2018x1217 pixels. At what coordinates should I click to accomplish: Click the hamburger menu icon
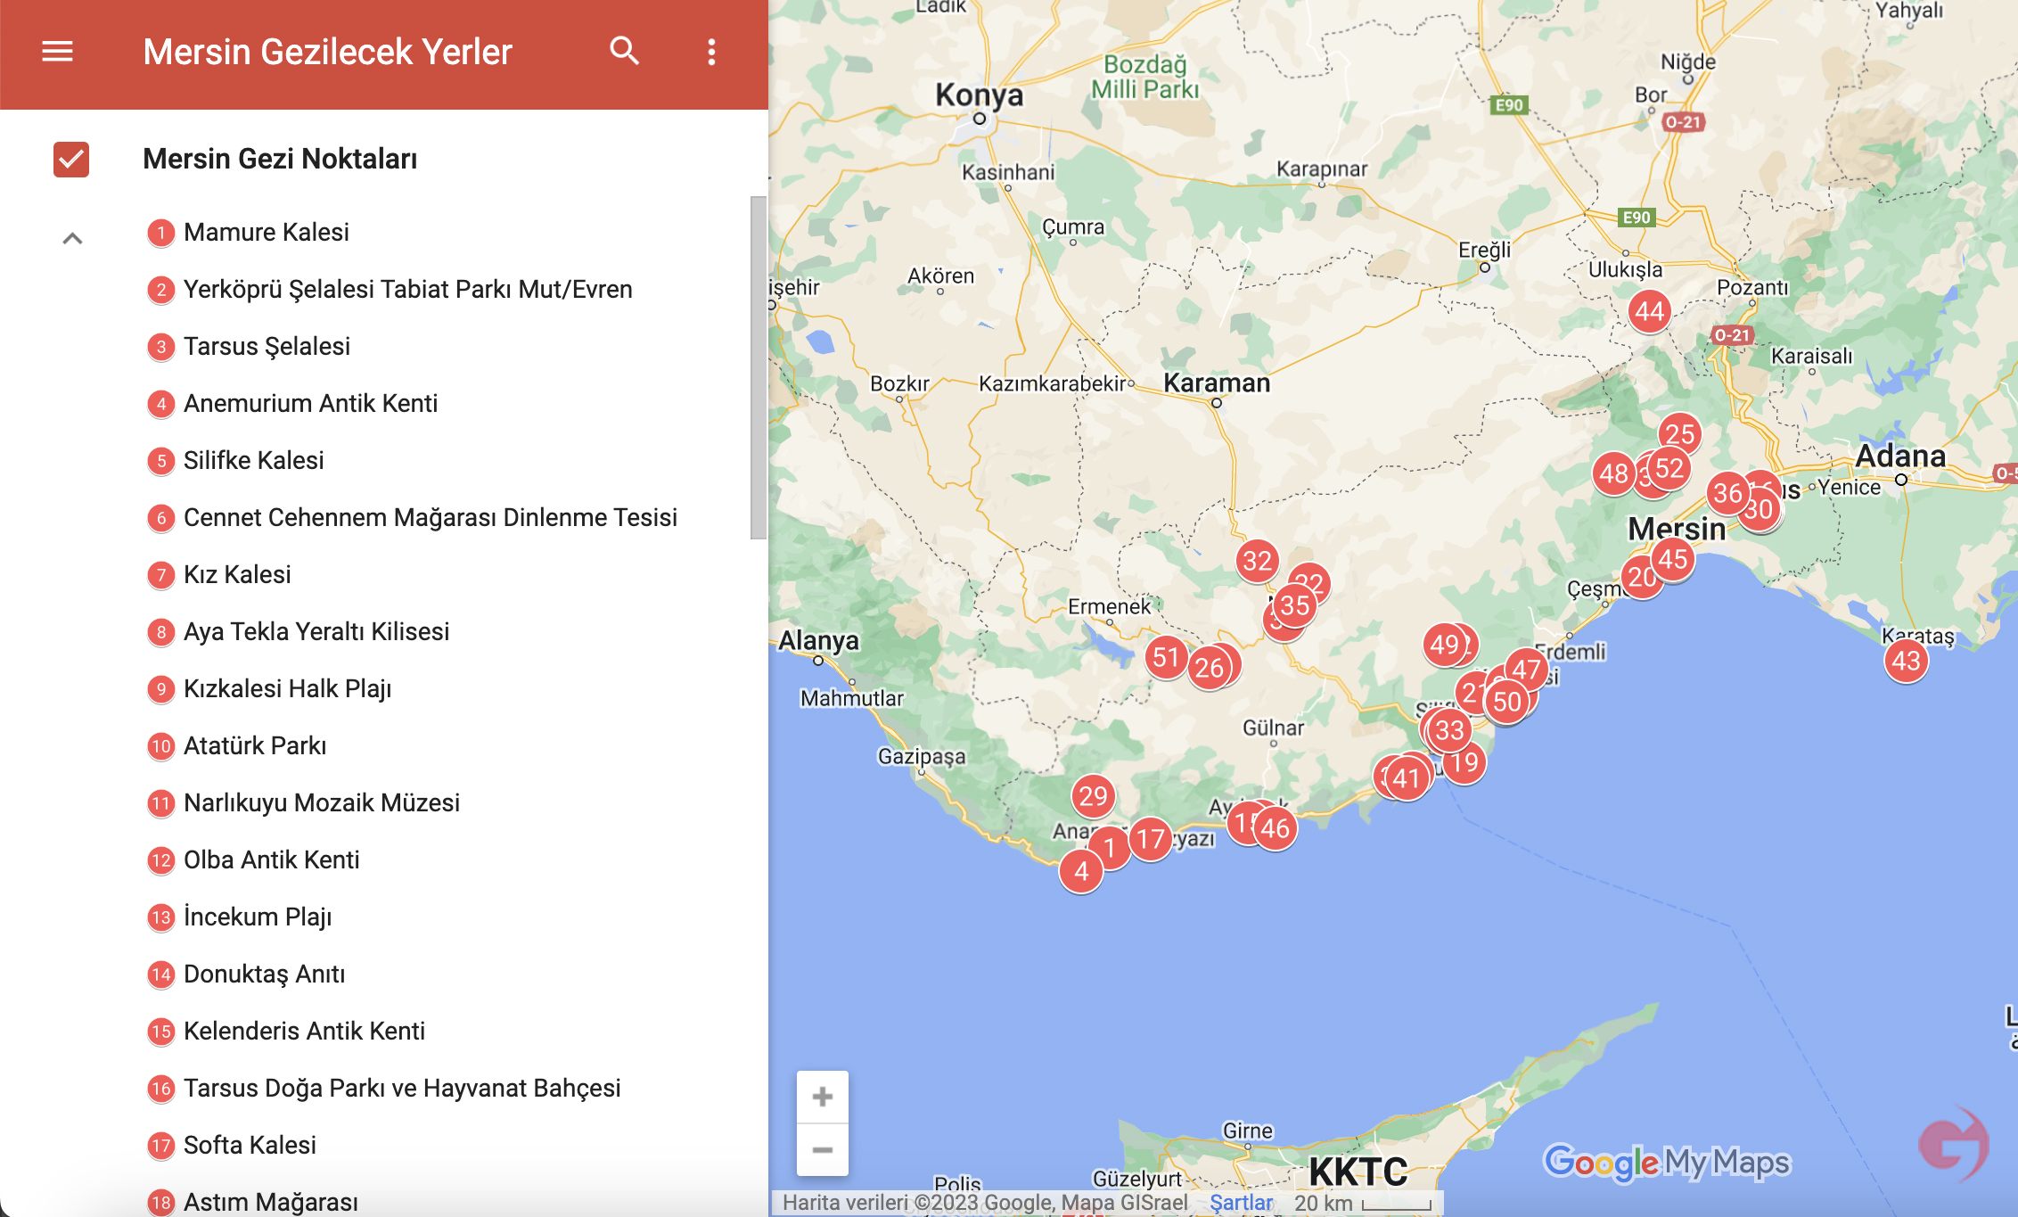point(57,52)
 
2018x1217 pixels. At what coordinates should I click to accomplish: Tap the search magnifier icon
point(624,52)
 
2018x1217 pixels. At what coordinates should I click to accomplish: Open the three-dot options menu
point(711,52)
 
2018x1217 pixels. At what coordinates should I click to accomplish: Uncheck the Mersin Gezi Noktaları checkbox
point(71,160)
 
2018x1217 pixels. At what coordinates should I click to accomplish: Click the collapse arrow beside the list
point(72,238)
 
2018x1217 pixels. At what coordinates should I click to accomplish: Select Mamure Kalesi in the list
point(266,233)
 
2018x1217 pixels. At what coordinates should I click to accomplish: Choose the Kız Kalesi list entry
point(237,575)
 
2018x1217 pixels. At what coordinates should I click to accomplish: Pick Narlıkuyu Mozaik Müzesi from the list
point(321,803)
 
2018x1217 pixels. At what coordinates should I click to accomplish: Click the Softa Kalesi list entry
point(250,1146)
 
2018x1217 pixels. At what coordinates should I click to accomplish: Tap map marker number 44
point(1649,311)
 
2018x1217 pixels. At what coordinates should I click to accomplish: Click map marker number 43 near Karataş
point(1906,661)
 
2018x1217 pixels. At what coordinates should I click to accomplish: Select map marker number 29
point(1093,796)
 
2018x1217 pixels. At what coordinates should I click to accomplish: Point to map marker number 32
point(1257,561)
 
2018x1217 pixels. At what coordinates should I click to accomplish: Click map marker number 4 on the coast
point(1081,871)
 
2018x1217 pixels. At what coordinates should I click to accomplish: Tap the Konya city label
point(979,95)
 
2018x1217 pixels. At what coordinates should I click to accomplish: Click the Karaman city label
point(1217,383)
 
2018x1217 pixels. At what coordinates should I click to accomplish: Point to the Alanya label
point(818,640)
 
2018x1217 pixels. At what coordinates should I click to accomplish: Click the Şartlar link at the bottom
point(1241,1203)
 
